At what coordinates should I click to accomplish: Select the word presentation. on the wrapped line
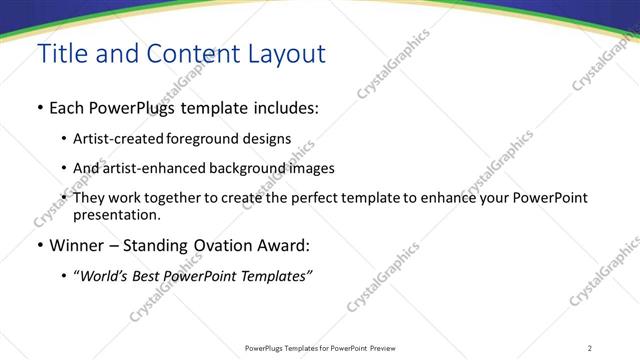click(116, 214)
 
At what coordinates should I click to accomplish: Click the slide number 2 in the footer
click(590, 348)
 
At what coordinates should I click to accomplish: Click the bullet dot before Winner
click(40, 245)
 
